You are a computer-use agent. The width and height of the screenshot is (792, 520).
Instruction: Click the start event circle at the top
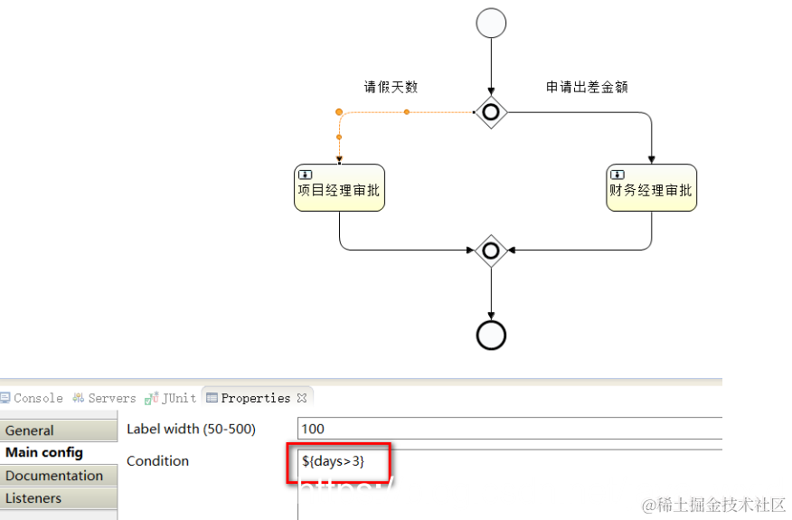[491, 24]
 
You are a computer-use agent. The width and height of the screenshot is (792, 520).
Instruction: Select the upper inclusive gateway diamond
[491, 112]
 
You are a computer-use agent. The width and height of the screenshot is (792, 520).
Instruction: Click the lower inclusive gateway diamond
[491, 250]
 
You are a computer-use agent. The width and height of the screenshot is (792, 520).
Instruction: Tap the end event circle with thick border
[491, 335]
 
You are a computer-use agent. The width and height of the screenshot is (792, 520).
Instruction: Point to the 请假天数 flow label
[391, 88]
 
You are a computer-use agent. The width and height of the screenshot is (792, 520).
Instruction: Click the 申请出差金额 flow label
[587, 88]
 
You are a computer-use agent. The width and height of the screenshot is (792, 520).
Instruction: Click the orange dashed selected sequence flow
[406, 112]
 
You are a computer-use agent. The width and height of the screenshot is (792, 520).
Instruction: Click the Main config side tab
[44, 452]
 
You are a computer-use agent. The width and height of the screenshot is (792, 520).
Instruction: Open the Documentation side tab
[54, 476]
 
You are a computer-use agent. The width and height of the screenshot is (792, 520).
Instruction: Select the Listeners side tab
[33, 498]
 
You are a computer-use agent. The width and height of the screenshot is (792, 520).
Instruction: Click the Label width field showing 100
[506, 429]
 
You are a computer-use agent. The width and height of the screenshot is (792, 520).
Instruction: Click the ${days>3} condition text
[333, 462]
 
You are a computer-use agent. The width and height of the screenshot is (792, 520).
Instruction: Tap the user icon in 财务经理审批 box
[618, 174]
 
